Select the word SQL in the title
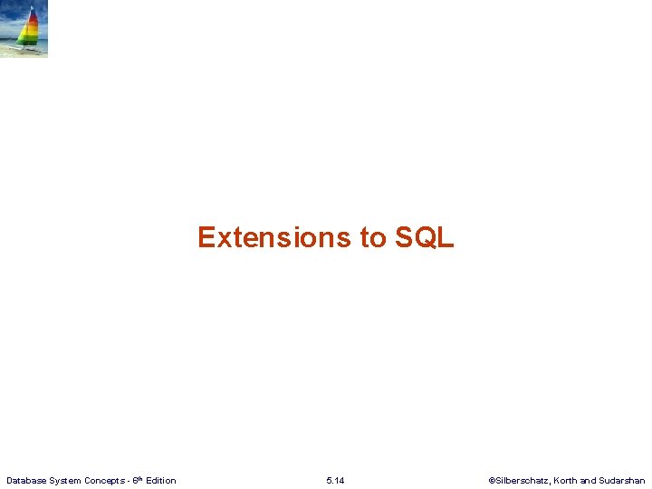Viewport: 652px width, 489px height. point(424,237)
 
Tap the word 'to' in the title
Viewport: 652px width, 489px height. point(373,237)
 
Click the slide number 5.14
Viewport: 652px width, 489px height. point(335,480)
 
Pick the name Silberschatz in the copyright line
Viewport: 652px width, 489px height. point(521,480)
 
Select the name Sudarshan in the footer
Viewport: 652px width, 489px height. point(622,480)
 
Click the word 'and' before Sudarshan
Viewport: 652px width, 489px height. point(589,480)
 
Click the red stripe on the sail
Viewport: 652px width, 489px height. point(31,19)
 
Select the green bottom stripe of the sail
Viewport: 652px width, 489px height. point(29,40)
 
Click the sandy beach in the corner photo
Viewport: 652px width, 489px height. point(11,52)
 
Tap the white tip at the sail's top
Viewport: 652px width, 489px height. point(33,8)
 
